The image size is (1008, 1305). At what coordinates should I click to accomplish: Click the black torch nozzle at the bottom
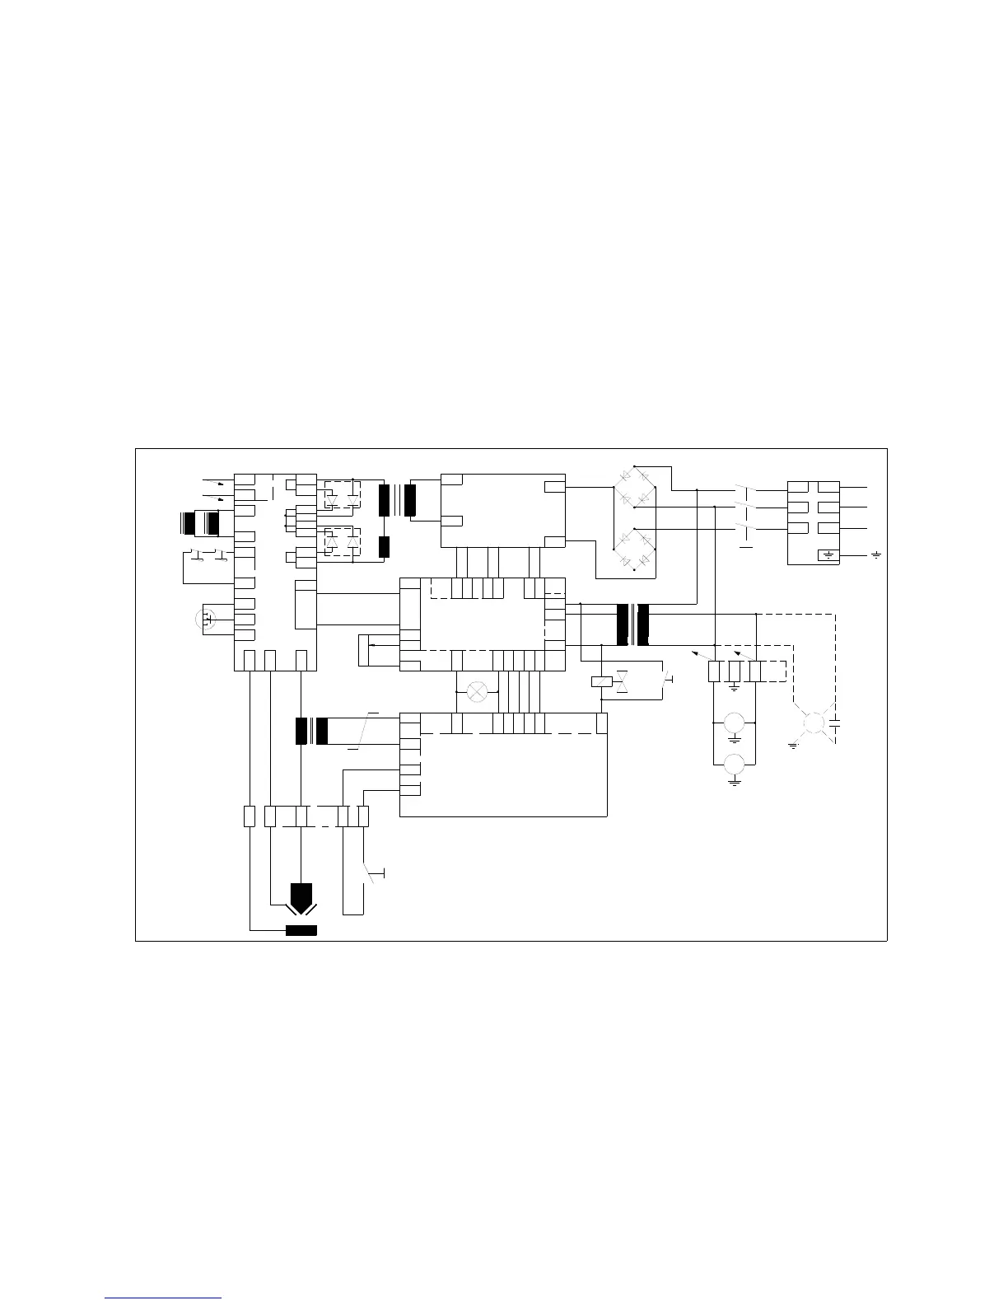[302, 894]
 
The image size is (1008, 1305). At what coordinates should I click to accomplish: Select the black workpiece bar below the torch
[301, 931]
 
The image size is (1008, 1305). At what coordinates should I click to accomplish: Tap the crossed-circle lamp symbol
[477, 691]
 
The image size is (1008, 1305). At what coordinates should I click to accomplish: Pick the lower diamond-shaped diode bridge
[634, 546]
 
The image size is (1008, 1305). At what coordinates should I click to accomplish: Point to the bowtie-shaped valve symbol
[623, 681]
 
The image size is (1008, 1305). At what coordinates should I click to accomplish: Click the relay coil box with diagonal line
[602, 681]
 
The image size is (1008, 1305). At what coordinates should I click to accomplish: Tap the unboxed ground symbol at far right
[875, 556]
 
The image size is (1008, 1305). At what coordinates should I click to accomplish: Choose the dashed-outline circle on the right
[814, 723]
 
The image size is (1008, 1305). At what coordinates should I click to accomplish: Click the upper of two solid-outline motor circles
[734, 724]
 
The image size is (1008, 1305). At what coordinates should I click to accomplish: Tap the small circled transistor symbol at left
[207, 618]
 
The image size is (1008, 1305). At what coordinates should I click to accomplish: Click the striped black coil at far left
[199, 524]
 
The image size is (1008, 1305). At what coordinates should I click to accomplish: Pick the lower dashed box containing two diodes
[340, 541]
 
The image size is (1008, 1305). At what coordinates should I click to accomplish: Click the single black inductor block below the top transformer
[383, 546]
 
